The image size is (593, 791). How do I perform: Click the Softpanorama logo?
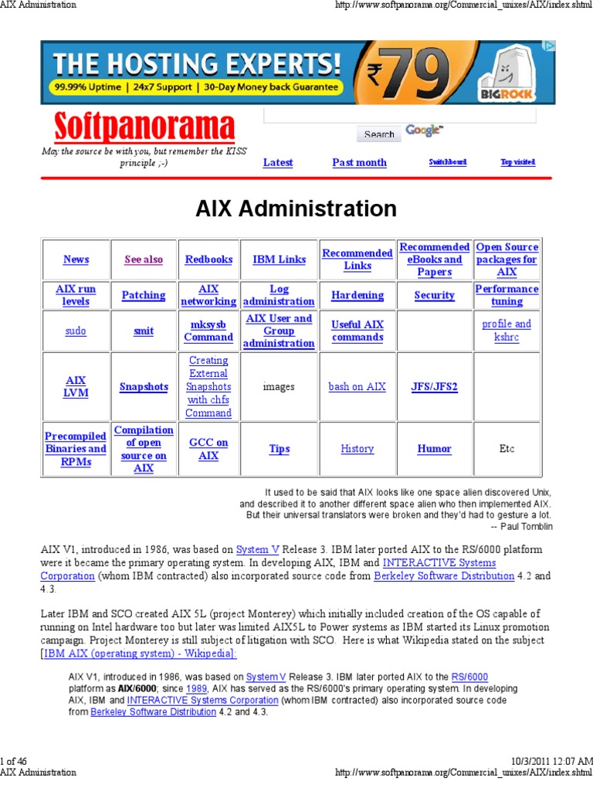[144, 127]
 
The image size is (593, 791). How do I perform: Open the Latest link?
[278, 162]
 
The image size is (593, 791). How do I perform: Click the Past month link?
[359, 162]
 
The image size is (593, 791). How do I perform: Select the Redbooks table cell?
[208, 260]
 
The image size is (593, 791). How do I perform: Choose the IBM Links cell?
[279, 260]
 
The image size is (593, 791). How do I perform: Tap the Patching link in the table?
[144, 295]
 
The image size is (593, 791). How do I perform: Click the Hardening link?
[357, 295]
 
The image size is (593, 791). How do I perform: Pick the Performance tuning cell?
[507, 295]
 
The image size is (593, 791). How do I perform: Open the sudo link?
[76, 331]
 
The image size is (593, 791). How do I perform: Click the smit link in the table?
[144, 331]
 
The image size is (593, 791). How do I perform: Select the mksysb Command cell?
[208, 331]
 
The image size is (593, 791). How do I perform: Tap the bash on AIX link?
[357, 386]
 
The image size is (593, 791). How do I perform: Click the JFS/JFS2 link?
[434, 386]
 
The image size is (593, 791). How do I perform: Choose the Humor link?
[434, 449]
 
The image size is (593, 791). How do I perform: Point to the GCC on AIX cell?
[208, 449]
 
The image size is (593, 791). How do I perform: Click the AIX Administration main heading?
[296, 209]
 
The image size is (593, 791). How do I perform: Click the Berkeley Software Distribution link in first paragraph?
[444, 575]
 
